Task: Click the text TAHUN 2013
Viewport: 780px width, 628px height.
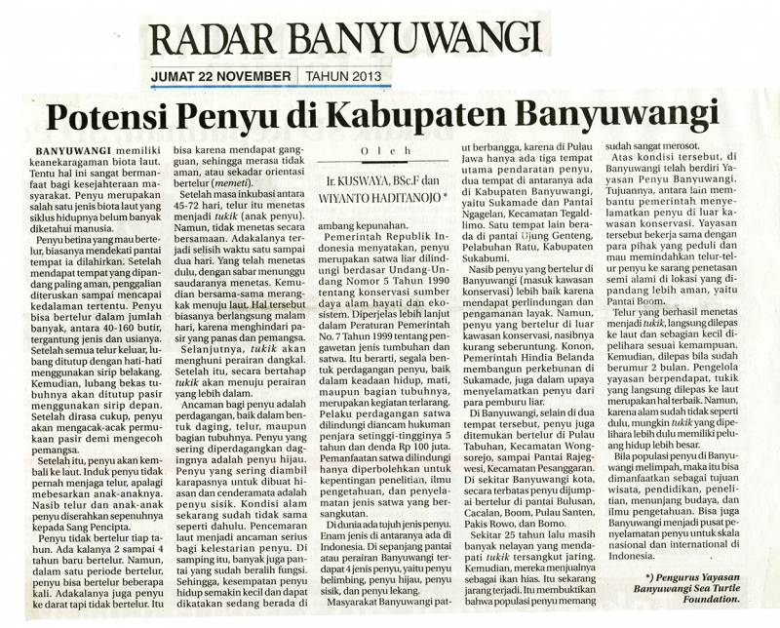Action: [x=335, y=76]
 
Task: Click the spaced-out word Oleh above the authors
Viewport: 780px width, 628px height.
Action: [x=394, y=151]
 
